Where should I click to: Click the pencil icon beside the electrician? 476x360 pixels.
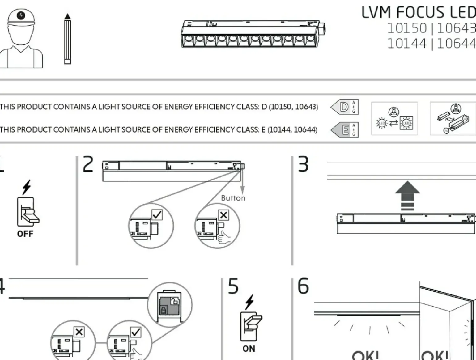67,39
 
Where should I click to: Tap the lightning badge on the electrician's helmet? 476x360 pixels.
21,15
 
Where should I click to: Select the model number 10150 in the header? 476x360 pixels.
407,28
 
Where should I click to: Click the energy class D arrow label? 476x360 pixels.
344,107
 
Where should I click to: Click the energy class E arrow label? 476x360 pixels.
344,130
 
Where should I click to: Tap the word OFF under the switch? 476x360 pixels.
25,234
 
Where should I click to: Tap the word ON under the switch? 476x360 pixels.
249,349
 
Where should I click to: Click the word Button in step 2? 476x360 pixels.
233,198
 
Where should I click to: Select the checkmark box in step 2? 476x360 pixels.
157,214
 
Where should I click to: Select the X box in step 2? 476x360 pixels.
223,215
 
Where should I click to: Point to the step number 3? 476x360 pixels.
303,164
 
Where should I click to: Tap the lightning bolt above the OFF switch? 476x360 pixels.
27,187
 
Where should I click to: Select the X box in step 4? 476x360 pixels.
79,332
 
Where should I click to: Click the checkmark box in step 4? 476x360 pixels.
135,332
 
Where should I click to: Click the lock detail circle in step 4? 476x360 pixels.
170,304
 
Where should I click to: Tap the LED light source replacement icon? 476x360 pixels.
394,119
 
